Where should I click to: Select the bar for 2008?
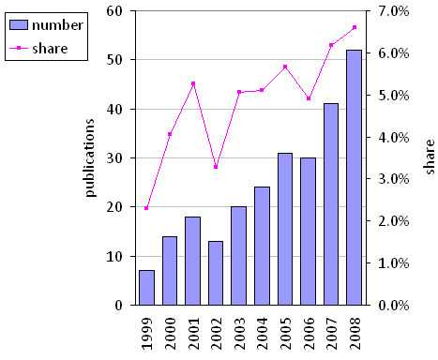tap(355, 178)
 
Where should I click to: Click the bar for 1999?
tap(147, 288)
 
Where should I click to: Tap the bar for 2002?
tap(216, 273)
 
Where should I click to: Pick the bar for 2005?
tap(285, 229)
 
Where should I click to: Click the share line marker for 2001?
tap(192, 83)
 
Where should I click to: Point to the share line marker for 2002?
tap(216, 167)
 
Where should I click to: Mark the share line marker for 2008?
tap(355, 27)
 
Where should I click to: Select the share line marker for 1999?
tap(147, 208)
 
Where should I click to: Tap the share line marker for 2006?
tap(308, 98)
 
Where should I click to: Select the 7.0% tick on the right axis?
tap(395, 11)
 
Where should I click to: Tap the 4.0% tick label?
tap(395, 137)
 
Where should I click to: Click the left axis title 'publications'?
tap(91, 157)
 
